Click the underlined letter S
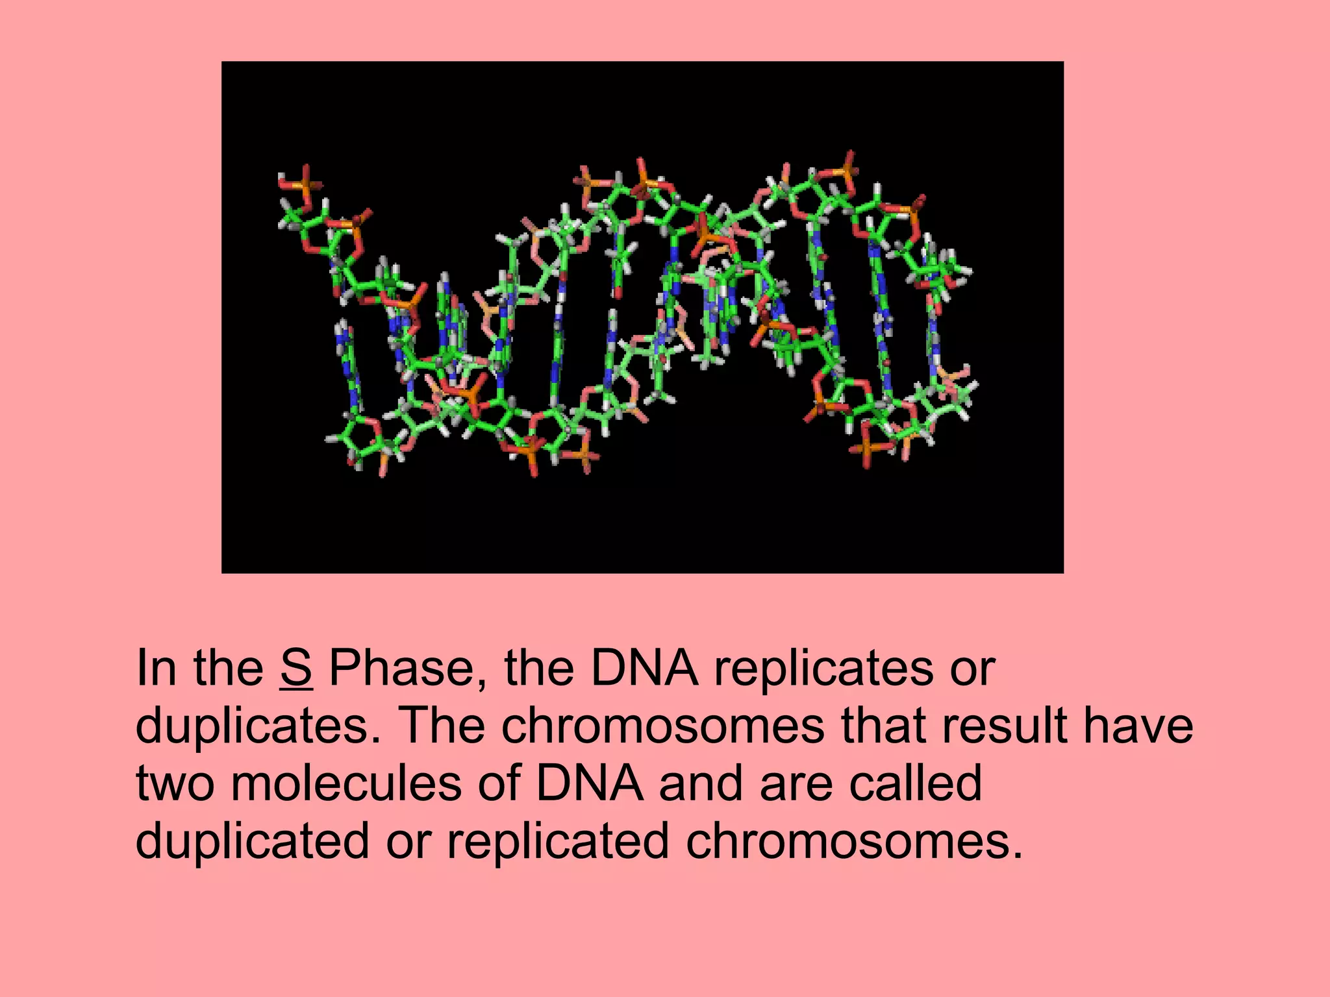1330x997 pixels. point(297,668)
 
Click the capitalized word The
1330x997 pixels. point(444,726)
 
